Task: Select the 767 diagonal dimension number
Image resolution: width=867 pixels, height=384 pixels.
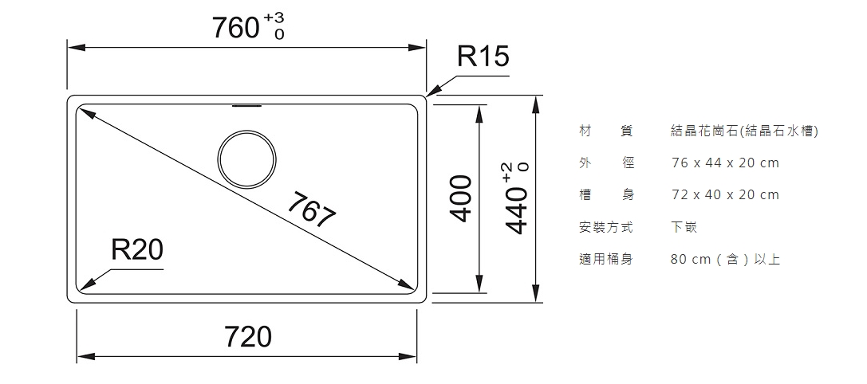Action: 312,210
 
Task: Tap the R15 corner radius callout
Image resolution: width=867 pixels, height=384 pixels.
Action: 483,57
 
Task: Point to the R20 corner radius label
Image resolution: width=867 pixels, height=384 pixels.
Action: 137,249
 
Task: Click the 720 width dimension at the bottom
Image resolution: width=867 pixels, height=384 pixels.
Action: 248,336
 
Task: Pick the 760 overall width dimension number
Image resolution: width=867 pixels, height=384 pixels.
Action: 236,28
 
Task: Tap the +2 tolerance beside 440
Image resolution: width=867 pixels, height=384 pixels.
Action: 509,172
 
